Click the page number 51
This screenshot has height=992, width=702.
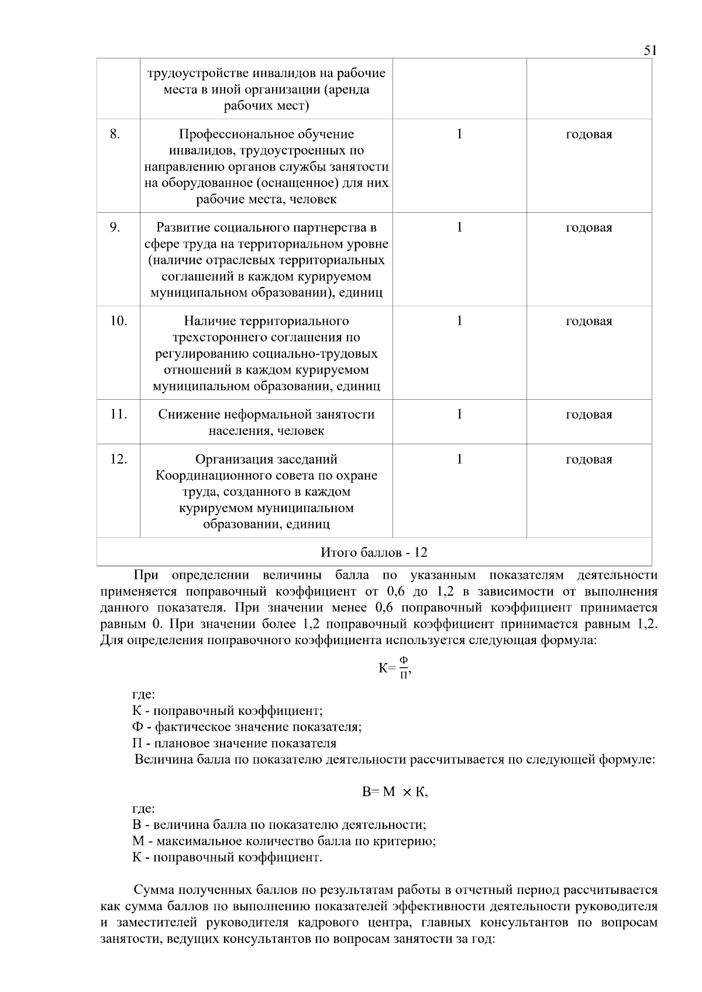click(x=650, y=50)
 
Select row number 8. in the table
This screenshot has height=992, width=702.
click(x=115, y=134)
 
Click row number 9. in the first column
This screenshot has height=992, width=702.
click(x=115, y=227)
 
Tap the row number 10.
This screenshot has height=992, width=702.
click(x=118, y=321)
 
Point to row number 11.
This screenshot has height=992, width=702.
click(x=118, y=414)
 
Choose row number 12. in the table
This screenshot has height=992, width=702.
click(x=118, y=459)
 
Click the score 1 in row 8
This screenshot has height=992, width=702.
click(x=460, y=134)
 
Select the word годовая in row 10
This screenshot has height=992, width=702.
click(x=589, y=322)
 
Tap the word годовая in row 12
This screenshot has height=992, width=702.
click(x=589, y=460)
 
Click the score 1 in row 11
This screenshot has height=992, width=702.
click(x=460, y=414)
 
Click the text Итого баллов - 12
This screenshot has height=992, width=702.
click(x=374, y=552)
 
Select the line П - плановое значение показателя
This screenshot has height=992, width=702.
click(x=234, y=744)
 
